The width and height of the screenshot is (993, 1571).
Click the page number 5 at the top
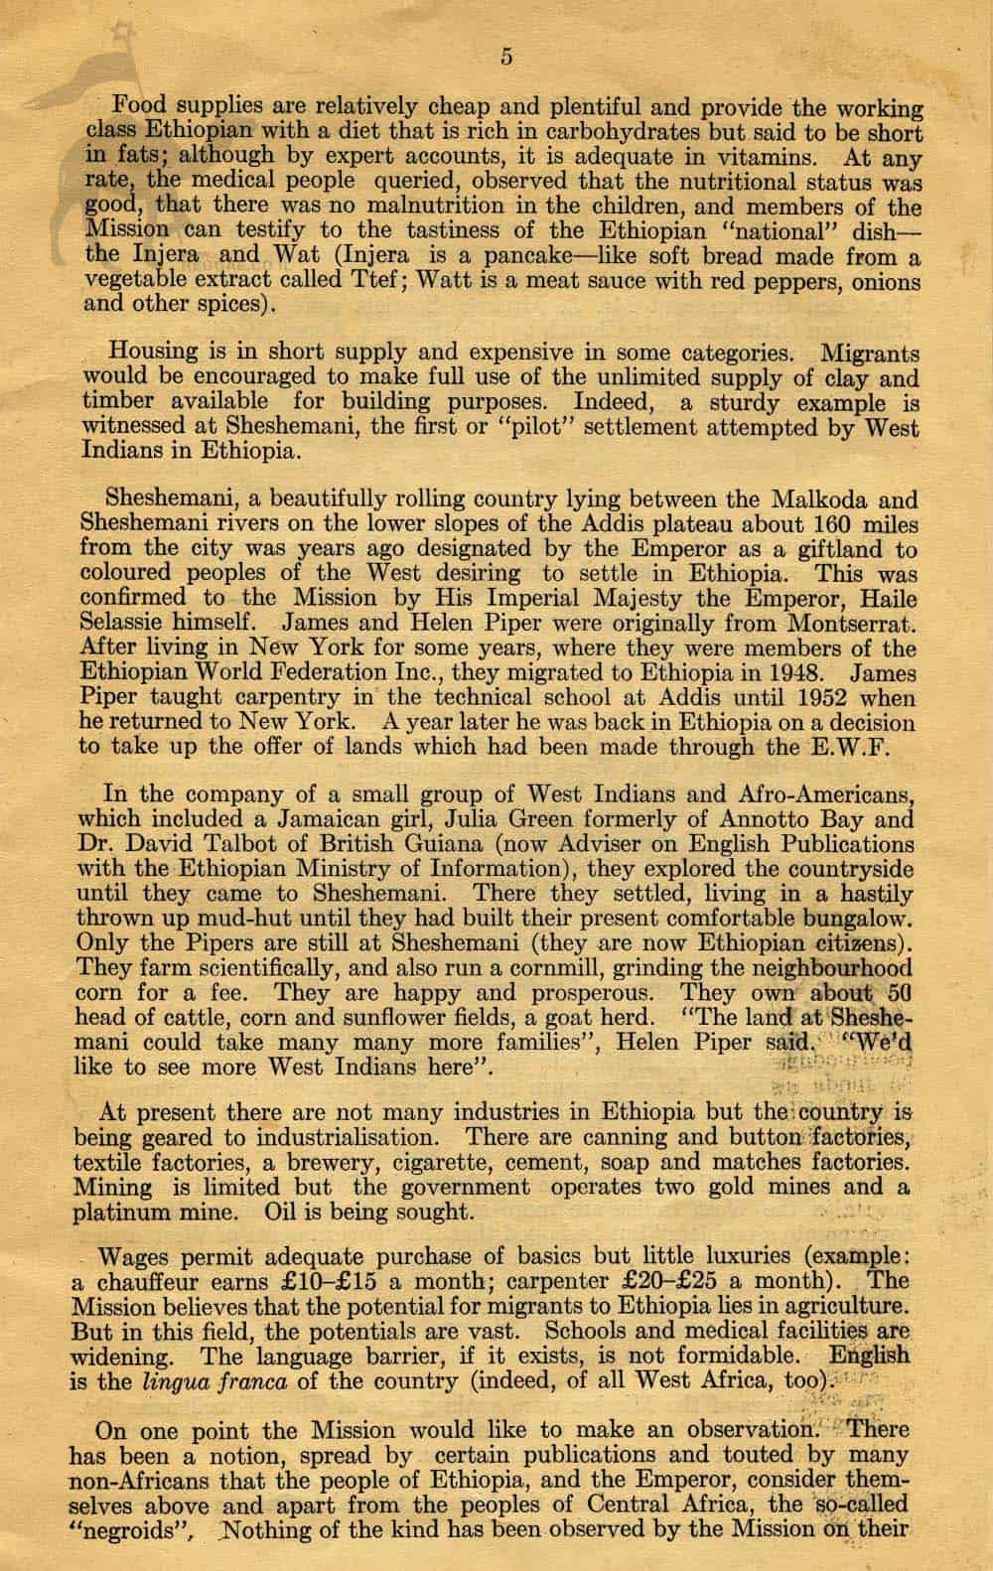tap(506, 57)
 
